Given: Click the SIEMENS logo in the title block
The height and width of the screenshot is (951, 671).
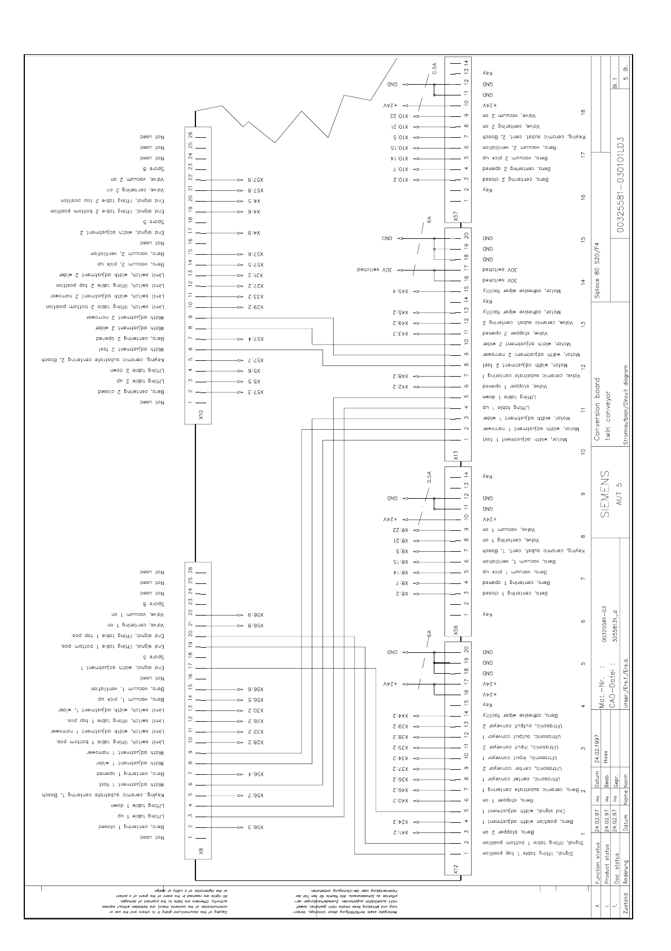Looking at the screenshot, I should point(605,492).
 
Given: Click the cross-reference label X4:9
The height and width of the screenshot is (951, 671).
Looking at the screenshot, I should point(253,233).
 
